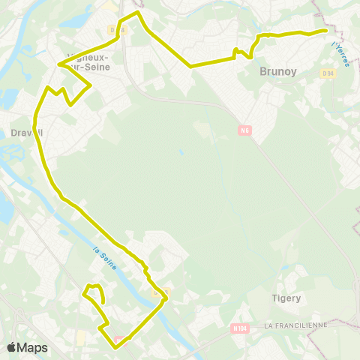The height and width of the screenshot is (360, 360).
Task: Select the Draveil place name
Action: [28, 133]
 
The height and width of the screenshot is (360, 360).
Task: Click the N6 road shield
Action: [244, 130]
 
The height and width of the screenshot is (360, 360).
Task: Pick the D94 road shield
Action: [328, 73]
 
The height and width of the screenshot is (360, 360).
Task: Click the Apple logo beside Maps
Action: [12, 347]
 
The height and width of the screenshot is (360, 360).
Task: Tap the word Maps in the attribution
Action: [32, 347]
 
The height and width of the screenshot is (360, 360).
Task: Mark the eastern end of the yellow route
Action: [326, 30]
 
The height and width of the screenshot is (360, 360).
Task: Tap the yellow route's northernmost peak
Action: [136, 12]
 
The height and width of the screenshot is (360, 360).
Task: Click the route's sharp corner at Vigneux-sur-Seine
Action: [58, 64]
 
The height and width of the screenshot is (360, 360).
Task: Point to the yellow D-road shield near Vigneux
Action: [113, 30]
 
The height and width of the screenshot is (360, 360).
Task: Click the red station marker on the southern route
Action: [116, 337]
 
